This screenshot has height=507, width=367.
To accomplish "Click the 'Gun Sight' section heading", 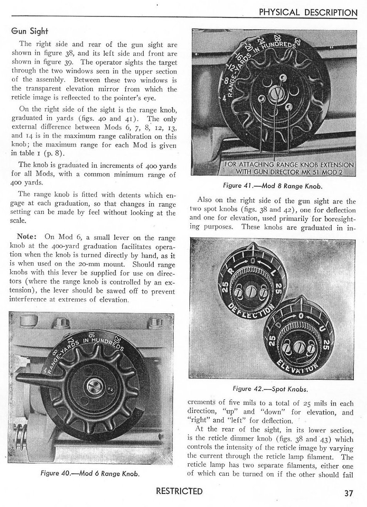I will (29, 31).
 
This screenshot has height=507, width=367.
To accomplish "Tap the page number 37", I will (349, 493).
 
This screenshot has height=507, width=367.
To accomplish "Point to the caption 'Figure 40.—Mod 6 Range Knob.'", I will (90, 473).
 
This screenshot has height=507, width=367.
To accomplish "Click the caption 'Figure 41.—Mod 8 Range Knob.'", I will (272, 186).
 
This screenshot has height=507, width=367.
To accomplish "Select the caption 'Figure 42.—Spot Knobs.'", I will (271, 388).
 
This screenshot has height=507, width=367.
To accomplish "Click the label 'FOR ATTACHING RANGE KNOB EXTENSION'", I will (289, 165).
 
